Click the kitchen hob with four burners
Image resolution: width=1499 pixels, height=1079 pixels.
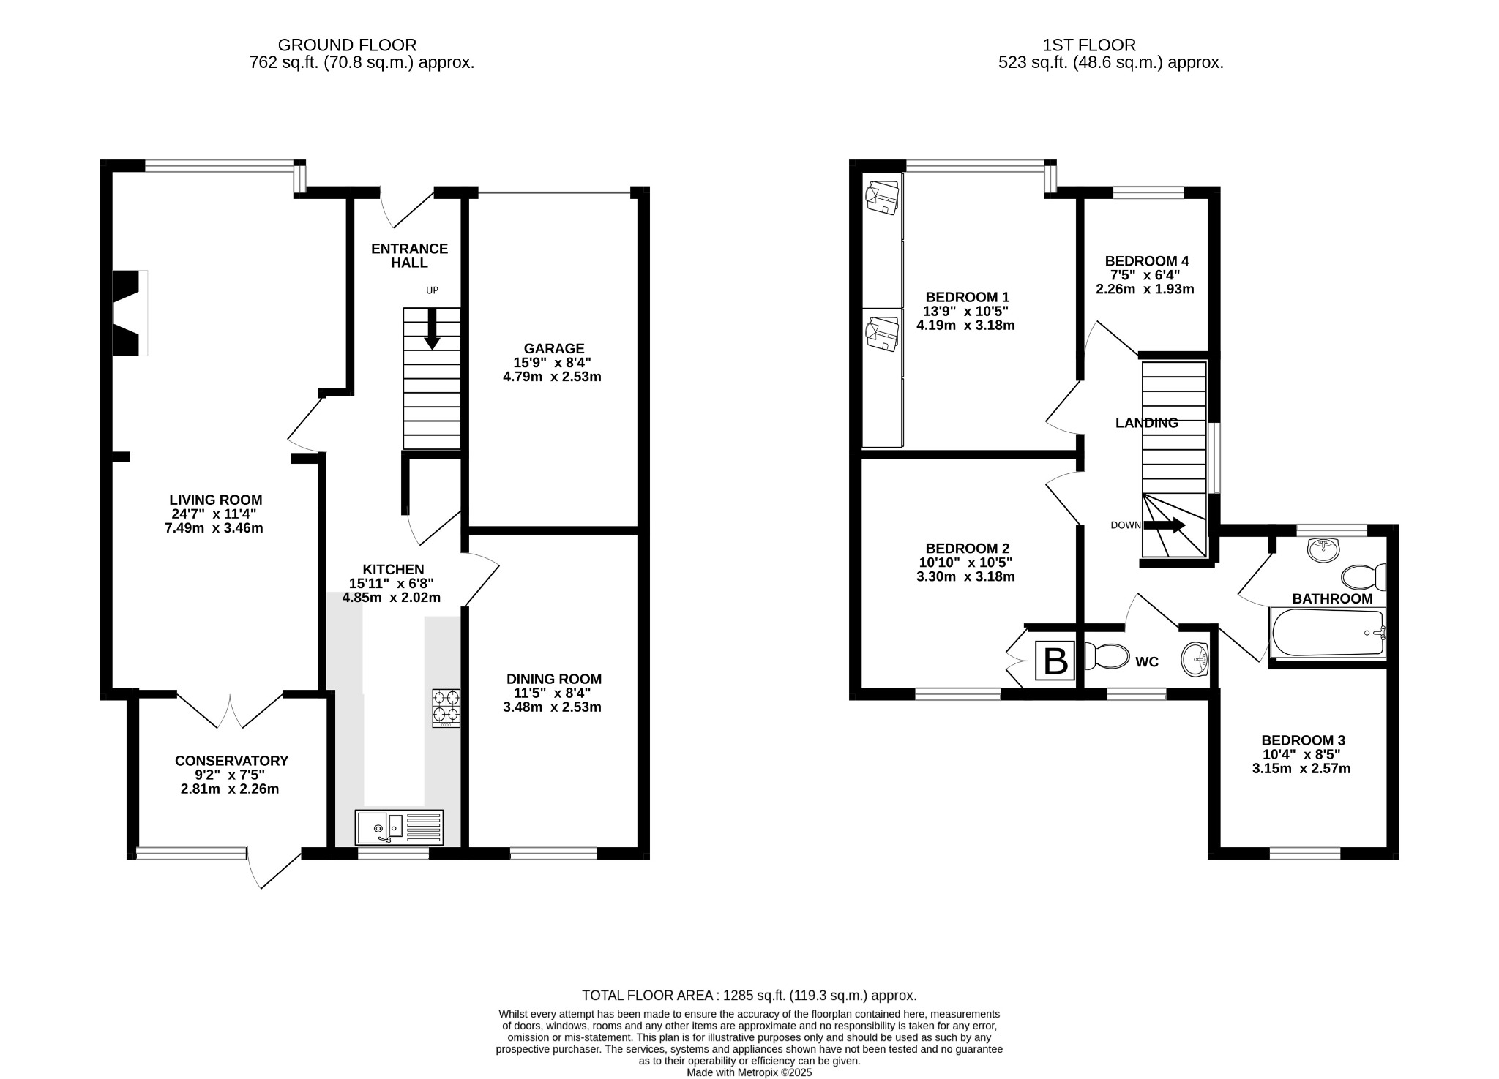tap(446, 707)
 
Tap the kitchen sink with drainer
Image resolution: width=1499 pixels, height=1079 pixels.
tap(400, 827)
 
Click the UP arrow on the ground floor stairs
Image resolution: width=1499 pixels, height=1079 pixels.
tap(433, 328)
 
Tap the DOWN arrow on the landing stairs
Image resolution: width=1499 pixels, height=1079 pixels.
tap(1165, 525)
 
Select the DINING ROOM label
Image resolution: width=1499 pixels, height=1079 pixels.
tap(553, 679)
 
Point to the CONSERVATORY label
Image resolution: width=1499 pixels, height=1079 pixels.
tap(232, 761)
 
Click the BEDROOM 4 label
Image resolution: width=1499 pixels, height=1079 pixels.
tap(1147, 261)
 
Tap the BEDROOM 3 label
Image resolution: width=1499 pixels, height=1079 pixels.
tap(1304, 740)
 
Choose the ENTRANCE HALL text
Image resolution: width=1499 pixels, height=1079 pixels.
tap(410, 255)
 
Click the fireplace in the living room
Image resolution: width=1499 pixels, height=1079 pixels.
tap(130, 313)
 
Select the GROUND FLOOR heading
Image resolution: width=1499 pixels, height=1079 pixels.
tap(348, 45)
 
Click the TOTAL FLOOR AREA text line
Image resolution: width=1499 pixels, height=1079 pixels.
tap(749, 995)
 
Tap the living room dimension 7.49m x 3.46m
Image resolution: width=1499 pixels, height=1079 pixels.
tap(214, 527)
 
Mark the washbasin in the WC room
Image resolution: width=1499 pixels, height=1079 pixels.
tap(1195, 659)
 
